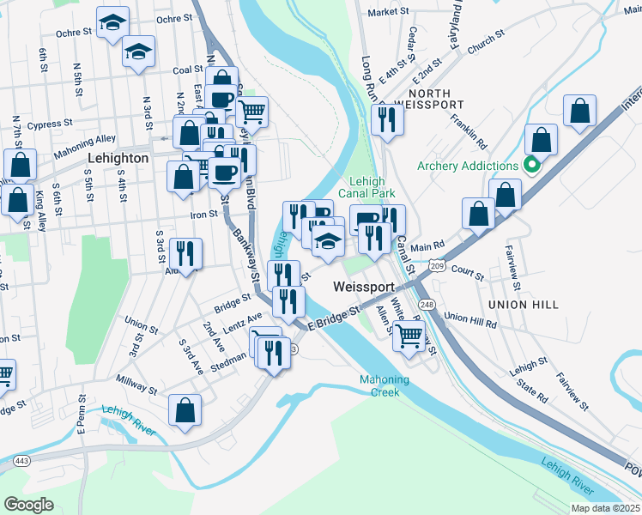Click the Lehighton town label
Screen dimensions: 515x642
(118, 159)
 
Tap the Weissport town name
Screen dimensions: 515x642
(364, 287)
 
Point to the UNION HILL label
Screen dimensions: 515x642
(523, 305)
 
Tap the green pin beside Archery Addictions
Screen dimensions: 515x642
(532, 166)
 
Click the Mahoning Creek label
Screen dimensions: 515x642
(385, 386)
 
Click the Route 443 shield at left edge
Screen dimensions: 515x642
(18, 462)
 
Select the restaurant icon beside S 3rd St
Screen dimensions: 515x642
(185, 252)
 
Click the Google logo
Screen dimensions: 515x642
(28, 505)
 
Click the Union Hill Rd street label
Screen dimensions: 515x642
(470, 320)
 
